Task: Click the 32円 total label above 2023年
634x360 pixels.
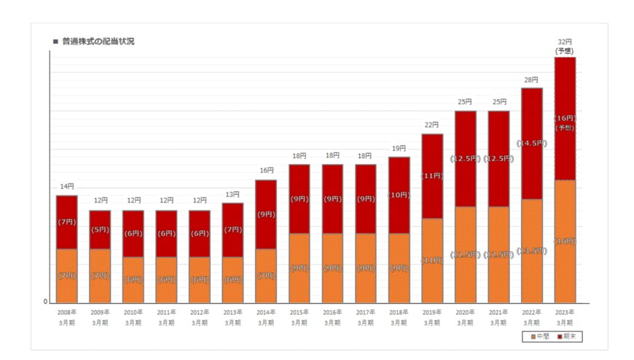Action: point(565,42)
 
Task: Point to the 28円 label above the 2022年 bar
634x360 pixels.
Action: point(531,80)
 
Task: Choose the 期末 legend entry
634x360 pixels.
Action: point(568,337)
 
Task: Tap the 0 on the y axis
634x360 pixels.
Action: point(45,302)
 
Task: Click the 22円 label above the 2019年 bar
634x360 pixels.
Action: point(432,125)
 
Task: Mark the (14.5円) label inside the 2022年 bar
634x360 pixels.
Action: point(531,144)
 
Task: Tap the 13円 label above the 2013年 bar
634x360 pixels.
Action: point(233,195)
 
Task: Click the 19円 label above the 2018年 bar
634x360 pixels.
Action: point(399,149)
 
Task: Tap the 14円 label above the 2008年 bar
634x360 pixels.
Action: point(67,187)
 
